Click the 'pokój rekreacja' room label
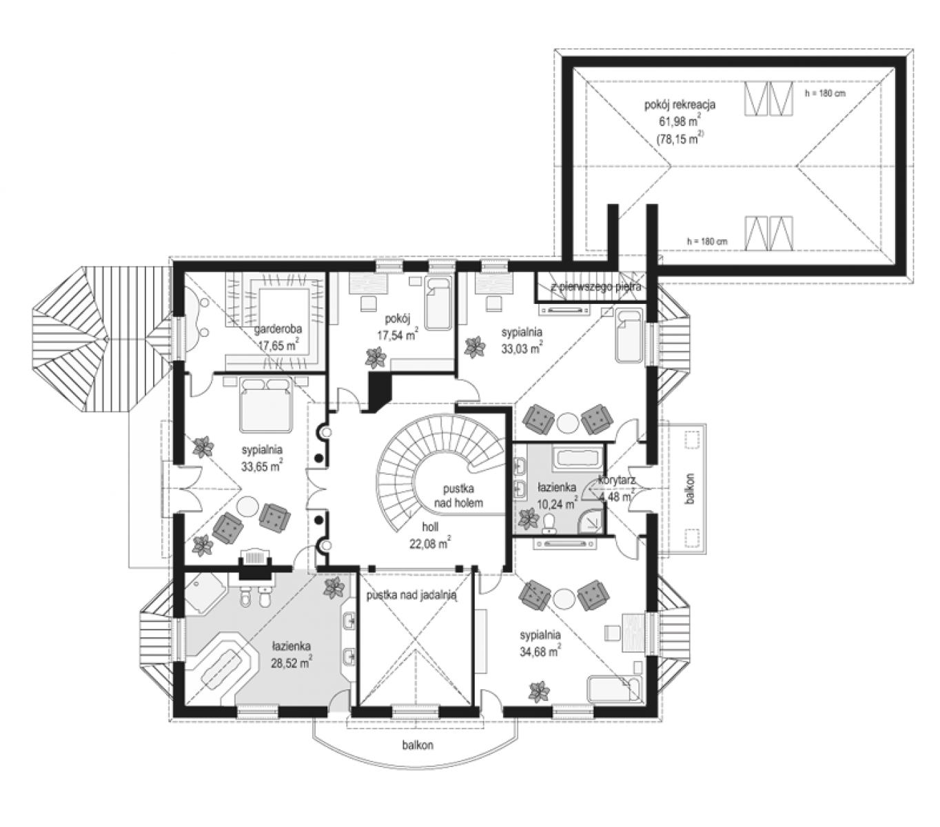[680, 105]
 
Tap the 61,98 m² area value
[680, 121]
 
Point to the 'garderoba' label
[278, 329]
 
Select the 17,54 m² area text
[398, 335]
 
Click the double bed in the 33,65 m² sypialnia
[265, 405]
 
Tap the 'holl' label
[430, 527]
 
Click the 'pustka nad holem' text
[458, 496]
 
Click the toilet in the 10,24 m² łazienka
[549, 522]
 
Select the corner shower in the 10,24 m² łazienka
[591, 521]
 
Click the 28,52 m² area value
[292, 662]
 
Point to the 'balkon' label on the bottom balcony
[418, 745]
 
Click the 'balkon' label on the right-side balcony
[691, 489]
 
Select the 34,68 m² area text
[540, 651]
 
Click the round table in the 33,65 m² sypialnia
[249, 508]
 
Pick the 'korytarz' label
[616, 480]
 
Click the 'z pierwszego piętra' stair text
[595, 286]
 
